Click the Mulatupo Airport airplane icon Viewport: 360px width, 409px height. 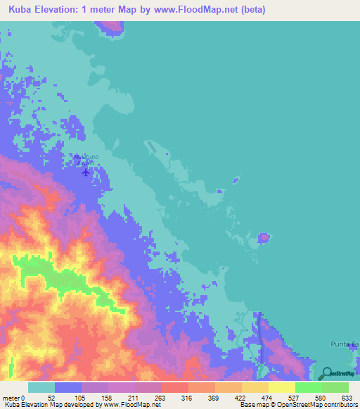[x=86, y=171]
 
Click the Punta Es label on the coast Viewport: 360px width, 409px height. [x=345, y=344]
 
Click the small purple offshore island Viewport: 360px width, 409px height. [x=264, y=238]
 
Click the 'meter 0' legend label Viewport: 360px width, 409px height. [x=14, y=398]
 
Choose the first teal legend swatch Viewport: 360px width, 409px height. [x=41, y=387]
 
